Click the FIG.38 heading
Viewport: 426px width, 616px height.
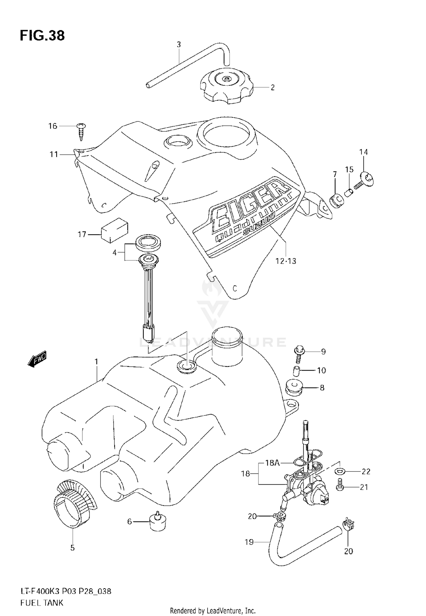[x=42, y=36]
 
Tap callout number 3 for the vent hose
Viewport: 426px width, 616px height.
[x=179, y=45]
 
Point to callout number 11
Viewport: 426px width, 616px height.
[x=54, y=154]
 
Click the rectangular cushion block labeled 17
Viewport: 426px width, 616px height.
[x=115, y=231]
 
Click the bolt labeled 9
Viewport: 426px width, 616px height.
[x=299, y=354]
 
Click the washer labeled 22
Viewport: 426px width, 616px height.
[x=340, y=471]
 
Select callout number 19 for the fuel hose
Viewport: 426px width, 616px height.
[x=249, y=542]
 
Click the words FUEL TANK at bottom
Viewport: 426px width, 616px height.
[x=42, y=602]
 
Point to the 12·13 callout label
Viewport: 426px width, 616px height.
[x=286, y=261]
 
